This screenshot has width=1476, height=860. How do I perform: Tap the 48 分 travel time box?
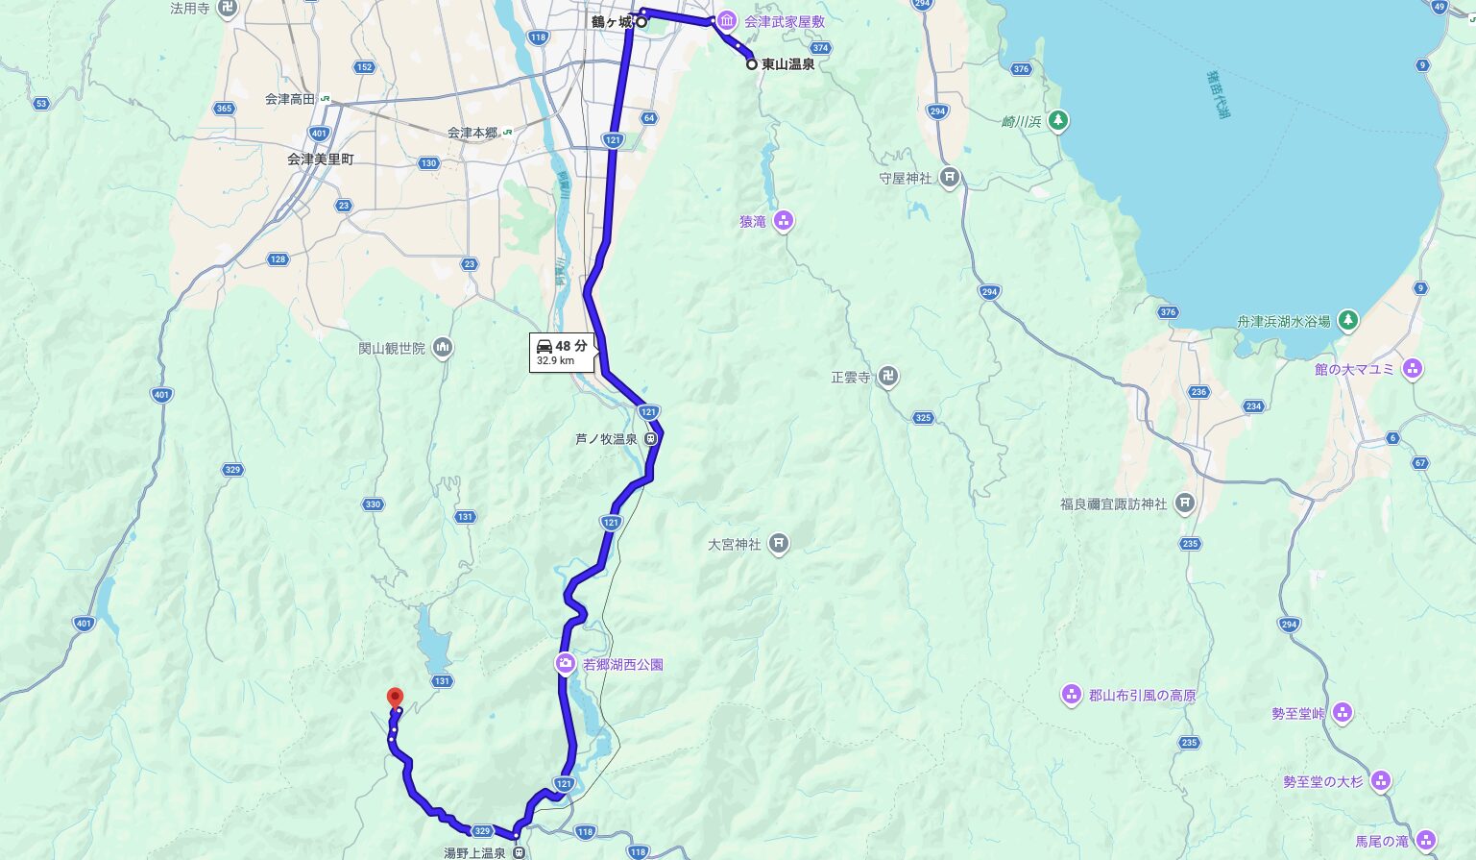point(562,352)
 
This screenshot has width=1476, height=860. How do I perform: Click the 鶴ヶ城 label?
point(612,22)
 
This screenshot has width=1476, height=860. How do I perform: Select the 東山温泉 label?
point(787,64)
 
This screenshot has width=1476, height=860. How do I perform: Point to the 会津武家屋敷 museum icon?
point(728,21)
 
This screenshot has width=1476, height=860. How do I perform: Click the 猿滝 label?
point(753,222)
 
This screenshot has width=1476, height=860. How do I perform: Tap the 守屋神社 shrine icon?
point(950,178)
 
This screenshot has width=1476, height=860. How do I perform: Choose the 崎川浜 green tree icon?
point(1057,121)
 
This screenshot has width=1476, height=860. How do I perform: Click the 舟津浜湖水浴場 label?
point(1283,322)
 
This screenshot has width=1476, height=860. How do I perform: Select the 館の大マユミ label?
point(1354,369)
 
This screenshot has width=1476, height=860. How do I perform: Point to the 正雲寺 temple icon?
point(888,378)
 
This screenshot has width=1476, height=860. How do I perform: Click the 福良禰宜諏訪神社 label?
point(1113,504)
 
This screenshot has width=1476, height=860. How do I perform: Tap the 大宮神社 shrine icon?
point(779,544)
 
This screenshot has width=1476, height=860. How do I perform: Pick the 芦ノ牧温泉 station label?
point(606,439)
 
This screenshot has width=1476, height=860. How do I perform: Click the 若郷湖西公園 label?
point(622,664)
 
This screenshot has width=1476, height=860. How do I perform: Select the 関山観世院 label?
point(392,348)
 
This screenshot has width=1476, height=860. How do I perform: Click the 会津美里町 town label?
point(321,159)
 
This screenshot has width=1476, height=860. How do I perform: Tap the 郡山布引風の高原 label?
point(1142,695)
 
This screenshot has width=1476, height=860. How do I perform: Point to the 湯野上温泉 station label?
point(474,852)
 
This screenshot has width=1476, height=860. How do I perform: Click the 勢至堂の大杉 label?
point(1322,781)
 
